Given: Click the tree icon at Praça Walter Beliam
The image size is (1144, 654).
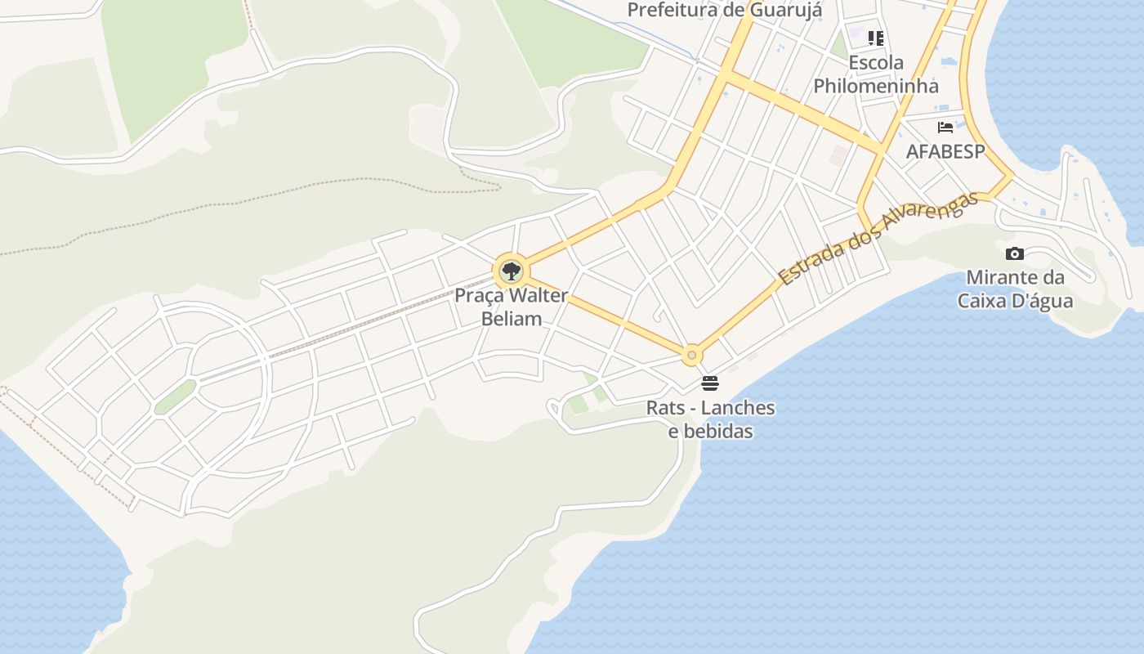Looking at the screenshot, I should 512,271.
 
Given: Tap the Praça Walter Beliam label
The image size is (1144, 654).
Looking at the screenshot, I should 512,307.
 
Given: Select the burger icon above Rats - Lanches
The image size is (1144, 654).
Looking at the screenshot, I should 709,383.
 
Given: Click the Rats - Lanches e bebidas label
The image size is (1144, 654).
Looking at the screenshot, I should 710,419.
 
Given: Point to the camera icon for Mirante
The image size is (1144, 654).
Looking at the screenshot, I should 1015,253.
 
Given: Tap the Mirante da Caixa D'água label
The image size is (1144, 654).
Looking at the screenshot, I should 1015,289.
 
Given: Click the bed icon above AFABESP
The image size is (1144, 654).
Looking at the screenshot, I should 945,128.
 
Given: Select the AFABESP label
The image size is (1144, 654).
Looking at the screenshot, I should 945,151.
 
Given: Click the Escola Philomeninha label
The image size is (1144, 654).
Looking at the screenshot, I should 876,74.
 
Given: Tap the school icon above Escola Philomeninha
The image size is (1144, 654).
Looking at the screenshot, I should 876,38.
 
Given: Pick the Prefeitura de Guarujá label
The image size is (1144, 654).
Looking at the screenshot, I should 725,11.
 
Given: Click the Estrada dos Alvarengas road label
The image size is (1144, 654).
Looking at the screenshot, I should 878,238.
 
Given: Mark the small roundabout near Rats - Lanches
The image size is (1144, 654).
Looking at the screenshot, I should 692,355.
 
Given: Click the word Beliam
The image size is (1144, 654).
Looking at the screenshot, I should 512,319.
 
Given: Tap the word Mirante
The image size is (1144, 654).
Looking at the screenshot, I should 1004,276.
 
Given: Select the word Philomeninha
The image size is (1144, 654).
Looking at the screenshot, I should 876,86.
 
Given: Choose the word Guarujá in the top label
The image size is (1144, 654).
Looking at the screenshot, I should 788,11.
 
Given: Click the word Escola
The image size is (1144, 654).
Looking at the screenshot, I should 876,63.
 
